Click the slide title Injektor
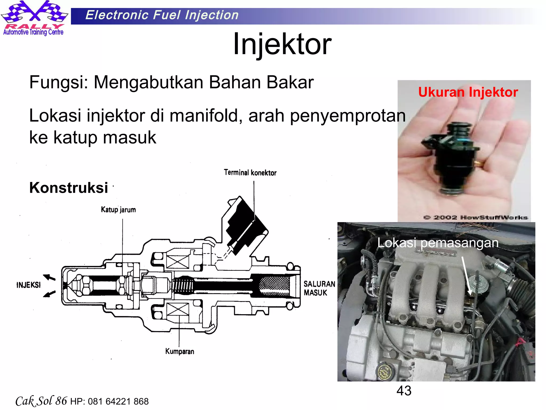(x=282, y=44)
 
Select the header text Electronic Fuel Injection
(x=162, y=15)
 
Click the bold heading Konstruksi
(x=69, y=188)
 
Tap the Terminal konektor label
(x=250, y=173)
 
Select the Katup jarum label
(x=118, y=210)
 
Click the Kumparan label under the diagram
(x=180, y=351)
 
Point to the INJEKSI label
(x=29, y=285)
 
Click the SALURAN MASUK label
(x=319, y=288)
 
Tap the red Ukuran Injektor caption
(x=468, y=92)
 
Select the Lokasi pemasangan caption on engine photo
(x=438, y=243)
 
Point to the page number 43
(x=404, y=391)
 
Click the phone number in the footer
(x=118, y=401)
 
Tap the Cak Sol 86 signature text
(x=41, y=401)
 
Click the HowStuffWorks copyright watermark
(x=475, y=218)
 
